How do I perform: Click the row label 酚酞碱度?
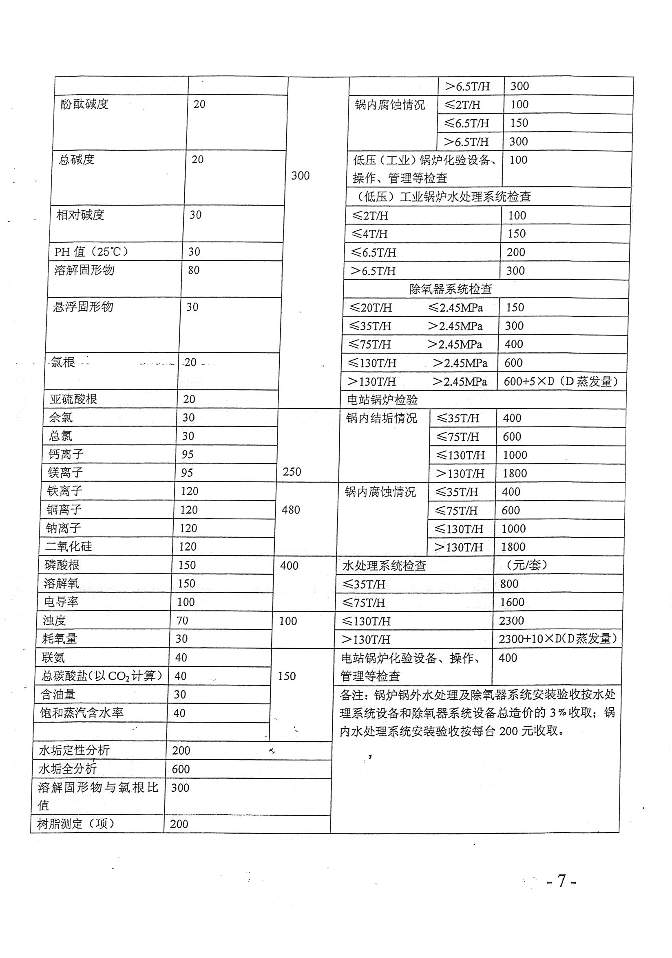(x=84, y=104)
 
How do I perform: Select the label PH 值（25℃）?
(x=91, y=252)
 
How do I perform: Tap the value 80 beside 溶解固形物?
(x=193, y=270)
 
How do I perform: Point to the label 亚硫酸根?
(x=73, y=399)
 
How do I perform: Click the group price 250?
(x=292, y=472)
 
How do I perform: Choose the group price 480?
(x=291, y=510)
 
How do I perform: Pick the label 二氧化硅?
(x=69, y=547)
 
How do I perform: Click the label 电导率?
(x=61, y=602)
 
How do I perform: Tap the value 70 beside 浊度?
(x=183, y=620)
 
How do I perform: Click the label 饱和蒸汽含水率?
(x=82, y=713)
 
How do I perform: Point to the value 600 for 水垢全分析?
(x=181, y=769)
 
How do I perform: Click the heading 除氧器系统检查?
(x=450, y=289)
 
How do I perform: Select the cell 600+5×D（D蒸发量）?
(x=561, y=381)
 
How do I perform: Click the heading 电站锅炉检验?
(x=382, y=400)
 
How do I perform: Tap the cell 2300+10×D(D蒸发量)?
(x=558, y=639)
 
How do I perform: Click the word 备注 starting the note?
(x=351, y=695)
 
